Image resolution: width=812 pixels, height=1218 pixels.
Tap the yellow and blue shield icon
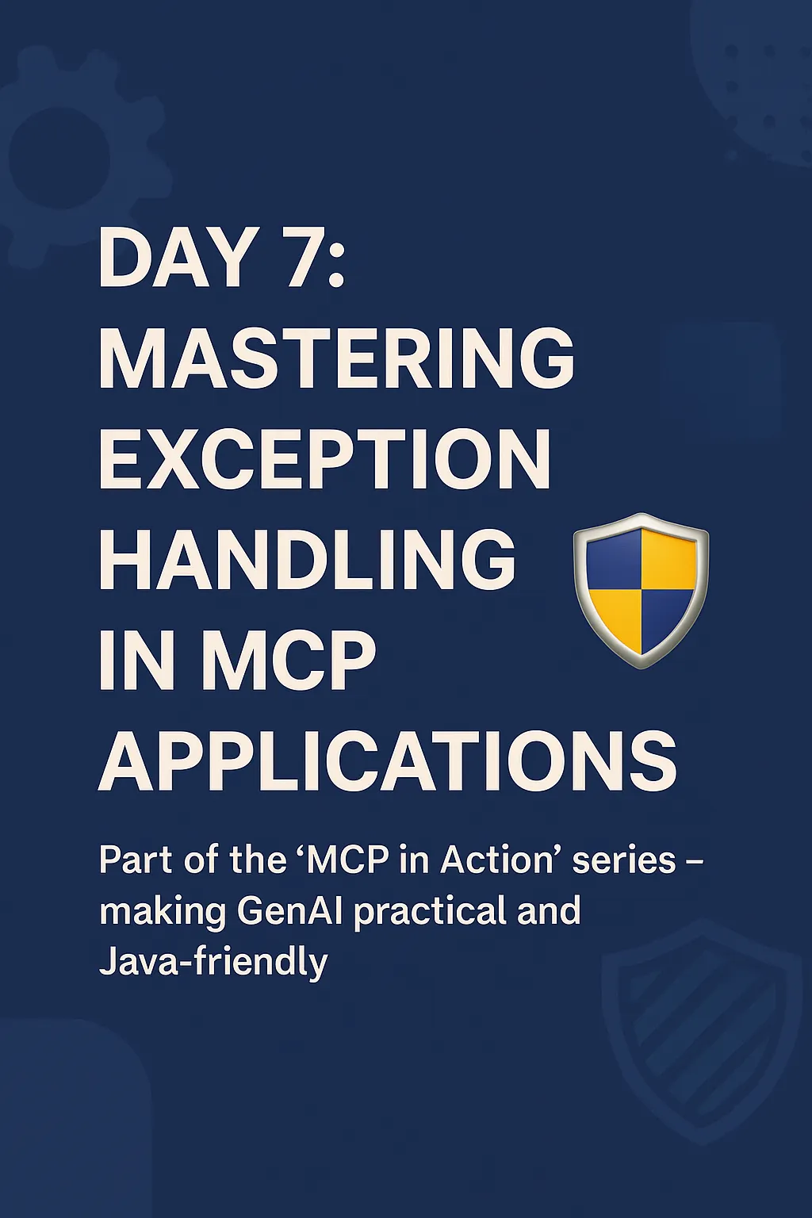pos(641,589)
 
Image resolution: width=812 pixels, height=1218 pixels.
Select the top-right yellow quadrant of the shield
pos(668,560)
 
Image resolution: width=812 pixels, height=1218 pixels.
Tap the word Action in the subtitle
pos(497,860)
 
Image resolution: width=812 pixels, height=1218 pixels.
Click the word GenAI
pos(289,911)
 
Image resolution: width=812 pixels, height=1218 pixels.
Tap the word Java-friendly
pos(213,963)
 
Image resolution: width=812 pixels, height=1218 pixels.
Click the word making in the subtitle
pos(163,913)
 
